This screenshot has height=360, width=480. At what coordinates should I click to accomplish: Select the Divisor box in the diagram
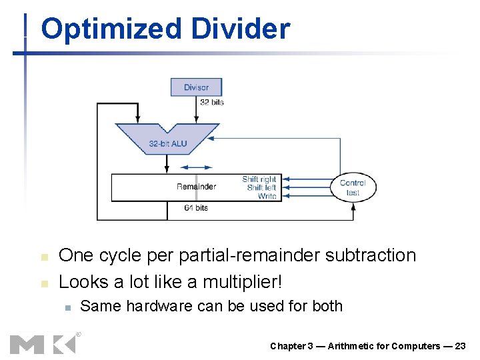point(196,87)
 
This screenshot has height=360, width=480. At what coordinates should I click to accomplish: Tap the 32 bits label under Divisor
point(212,102)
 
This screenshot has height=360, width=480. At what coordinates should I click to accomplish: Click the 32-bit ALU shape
point(167,141)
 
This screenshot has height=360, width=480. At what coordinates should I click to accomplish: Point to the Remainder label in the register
point(196,187)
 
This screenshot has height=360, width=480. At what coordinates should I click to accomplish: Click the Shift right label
point(259,179)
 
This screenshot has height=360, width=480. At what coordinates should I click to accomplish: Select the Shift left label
point(261,187)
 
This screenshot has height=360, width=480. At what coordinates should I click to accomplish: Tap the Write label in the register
point(267,196)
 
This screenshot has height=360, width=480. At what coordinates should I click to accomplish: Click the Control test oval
point(353,187)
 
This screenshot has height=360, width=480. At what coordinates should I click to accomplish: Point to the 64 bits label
point(196,208)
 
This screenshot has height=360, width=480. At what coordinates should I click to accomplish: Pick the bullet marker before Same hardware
point(67,307)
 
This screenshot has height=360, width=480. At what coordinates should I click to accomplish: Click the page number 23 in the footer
point(460,346)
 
